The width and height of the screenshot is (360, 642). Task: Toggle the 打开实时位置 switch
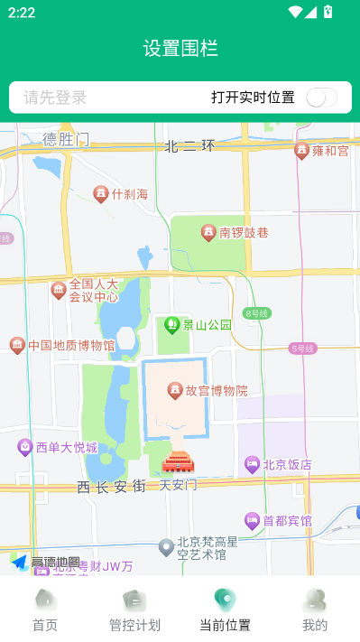click(x=321, y=98)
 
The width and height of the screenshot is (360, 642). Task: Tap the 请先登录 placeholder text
click(x=55, y=98)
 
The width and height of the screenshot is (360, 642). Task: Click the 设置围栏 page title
click(x=180, y=49)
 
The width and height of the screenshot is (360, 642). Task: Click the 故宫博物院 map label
click(x=217, y=391)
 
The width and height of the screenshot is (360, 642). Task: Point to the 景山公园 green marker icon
click(x=171, y=324)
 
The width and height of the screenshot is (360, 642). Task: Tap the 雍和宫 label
click(x=330, y=151)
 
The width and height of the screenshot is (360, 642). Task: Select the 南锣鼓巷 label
click(x=244, y=233)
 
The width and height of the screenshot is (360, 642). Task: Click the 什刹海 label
click(x=129, y=194)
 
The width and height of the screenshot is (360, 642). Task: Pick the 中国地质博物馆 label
click(x=71, y=345)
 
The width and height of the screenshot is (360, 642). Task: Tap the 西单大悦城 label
click(x=67, y=447)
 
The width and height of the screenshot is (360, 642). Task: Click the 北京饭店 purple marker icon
click(x=252, y=464)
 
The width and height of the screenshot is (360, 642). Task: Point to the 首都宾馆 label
click(x=287, y=521)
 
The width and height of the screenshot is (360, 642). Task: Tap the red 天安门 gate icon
click(x=177, y=463)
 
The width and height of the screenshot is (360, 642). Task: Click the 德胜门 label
click(x=66, y=139)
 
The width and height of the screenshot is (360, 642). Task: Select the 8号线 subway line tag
click(x=257, y=313)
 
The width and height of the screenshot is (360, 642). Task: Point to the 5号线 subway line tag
click(x=302, y=348)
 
